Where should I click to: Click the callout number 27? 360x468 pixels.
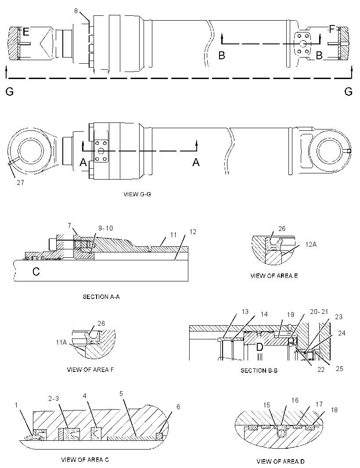(x=20, y=182)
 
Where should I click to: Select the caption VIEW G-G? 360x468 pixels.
(x=137, y=194)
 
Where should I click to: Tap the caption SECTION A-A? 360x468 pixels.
(x=101, y=297)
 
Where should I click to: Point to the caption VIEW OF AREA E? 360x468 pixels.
(x=274, y=276)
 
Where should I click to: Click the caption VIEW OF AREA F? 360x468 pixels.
(x=90, y=370)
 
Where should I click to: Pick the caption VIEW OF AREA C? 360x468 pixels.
(x=85, y=460)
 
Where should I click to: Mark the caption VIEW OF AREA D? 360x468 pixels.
(x=281, y=461)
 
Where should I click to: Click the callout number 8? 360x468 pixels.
(x=76, y=11)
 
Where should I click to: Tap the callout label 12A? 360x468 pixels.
(x=311, y=244)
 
